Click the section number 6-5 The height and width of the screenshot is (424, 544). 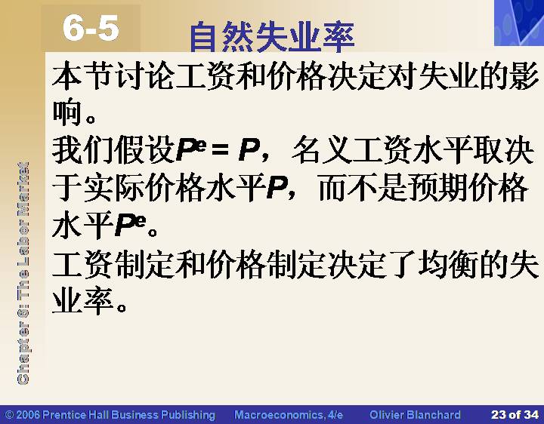coord(91,29)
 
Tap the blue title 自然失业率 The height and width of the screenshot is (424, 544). coord(272,37)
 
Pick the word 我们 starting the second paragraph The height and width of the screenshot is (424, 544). coord(82,149)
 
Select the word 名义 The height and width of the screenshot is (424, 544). coord(321,149)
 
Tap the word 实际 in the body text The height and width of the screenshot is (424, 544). coord(113,187)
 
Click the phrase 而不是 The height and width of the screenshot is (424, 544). coord(363,187)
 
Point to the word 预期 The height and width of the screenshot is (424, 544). coord(437,187)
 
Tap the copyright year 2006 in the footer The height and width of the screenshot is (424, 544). coord(28,415)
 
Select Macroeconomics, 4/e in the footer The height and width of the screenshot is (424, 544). coord(289,415)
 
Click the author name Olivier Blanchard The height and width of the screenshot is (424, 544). coord(415,415)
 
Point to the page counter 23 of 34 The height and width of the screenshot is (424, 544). coord(515,415)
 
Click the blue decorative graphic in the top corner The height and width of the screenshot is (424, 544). coord(519,23)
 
